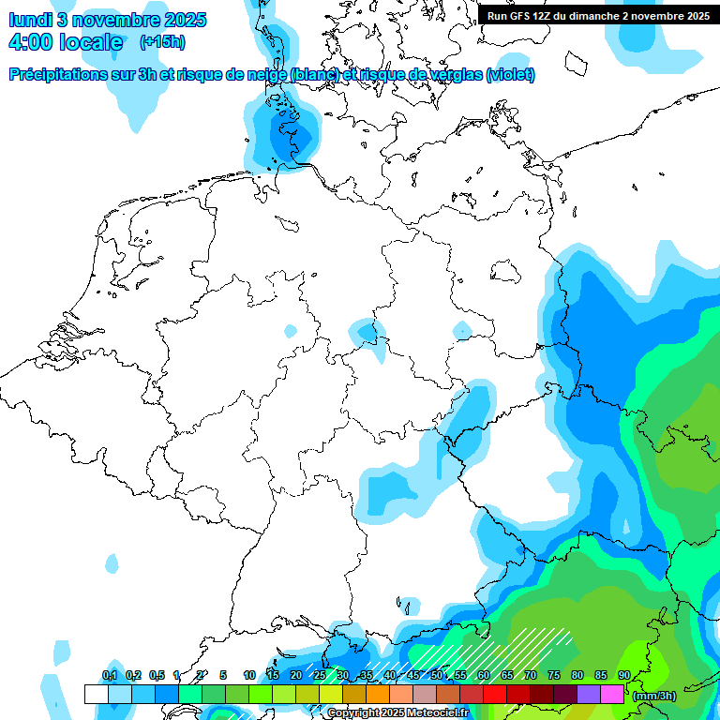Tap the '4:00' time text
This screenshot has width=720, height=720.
(29, 42)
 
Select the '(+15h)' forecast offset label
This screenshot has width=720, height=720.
(162, 42)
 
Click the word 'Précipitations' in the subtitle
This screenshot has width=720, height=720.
(55, 75)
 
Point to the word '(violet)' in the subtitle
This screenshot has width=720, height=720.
(511, 75)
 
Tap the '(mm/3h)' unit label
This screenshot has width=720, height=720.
(654, 696)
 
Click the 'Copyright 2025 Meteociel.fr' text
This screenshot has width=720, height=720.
(397, 713)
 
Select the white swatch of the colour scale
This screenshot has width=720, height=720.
(96, 694)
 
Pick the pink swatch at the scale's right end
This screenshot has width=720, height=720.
(612, 694)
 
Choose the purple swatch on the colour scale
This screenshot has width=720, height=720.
(589, 694)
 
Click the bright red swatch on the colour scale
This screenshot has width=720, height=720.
(495, 694)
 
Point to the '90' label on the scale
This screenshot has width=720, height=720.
(623, 676)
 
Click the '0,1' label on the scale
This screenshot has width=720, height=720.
(109, 676)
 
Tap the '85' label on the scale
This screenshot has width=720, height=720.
(601, 676)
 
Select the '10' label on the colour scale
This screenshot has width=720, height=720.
(249, 676)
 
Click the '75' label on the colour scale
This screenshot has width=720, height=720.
(554, 676)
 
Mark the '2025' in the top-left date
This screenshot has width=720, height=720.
(184, 20)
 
